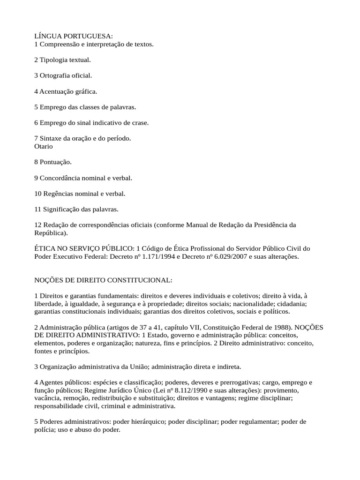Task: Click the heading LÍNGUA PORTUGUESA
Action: [74, 36]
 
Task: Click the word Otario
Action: [44, 146]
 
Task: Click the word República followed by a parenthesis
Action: [50, 232]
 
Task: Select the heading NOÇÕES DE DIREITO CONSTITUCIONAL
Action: [104, 280]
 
